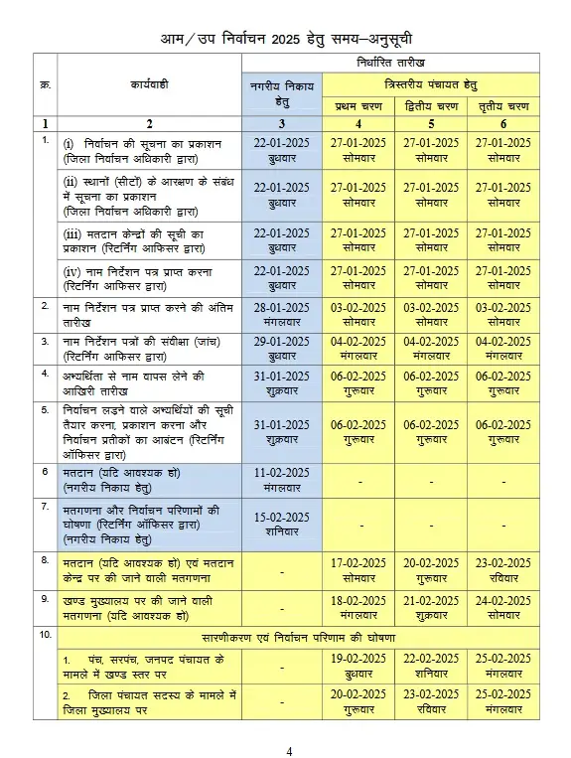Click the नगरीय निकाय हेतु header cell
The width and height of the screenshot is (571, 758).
pos(282,94)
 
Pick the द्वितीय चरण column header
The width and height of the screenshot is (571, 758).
pos(431,105)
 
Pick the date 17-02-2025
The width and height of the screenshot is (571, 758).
pos(358,563)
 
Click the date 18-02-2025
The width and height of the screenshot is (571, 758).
pos(358,600)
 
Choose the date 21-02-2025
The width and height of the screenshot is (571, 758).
pos(431,600)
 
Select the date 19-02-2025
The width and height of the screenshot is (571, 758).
pos(358,658)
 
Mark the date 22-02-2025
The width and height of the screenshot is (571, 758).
pos(431,658)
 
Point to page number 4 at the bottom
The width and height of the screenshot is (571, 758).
pos(289,751)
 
